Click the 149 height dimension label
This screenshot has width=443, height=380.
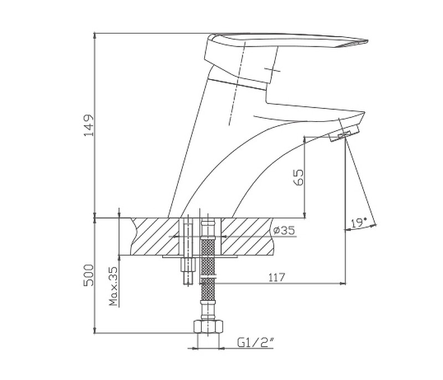coord(89,125)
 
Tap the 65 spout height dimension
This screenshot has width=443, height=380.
coord(298,177)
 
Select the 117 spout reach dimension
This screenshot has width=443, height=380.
coord(276,277)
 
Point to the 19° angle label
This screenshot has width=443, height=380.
coord(359,223)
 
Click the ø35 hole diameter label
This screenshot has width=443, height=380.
coord(284,230)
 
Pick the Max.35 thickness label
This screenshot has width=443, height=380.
coord(114,286)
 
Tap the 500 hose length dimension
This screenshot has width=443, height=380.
coord(89,275)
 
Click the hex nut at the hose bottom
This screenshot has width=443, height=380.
coord(208,326)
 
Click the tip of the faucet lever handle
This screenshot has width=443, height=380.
coord(367,41)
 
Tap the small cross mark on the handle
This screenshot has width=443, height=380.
coord(272,69)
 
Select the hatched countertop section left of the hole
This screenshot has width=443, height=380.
coord(156,236)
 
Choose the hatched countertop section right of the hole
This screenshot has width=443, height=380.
coord(247,236)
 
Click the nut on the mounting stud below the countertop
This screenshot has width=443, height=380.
coord(188,265)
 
